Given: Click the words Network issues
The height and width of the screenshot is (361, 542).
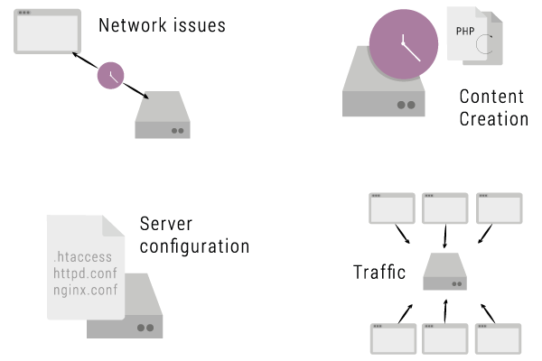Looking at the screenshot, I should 162,25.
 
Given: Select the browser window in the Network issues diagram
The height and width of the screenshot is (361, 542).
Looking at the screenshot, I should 42,32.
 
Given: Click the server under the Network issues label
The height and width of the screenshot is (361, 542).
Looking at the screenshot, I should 163,117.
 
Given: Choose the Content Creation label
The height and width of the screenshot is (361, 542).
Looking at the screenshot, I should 493,107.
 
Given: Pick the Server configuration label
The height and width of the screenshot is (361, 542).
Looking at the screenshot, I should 194,235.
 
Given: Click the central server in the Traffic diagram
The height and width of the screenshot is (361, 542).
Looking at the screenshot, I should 445,273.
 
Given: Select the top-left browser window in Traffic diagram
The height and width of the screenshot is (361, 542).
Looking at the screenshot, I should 393,208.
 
